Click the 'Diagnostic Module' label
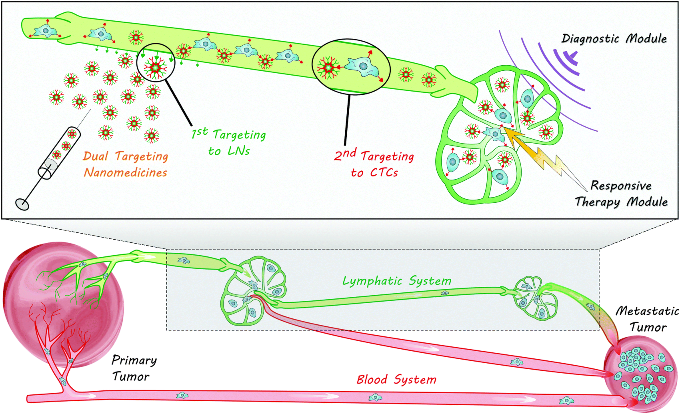pyautogui.click(x=614, y=38)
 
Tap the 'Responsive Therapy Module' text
pyautogui.click(x=621, y=194)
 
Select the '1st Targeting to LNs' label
pyautogui.click(x=229, y=142)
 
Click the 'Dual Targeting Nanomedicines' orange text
pyautogui.click(x=125, y=164)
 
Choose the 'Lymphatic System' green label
pyautogui.click(x=396, y=281)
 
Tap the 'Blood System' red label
pyautogui.click(x=396, y=379)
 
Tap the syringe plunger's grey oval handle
pyautogui.click(x=22, y=204)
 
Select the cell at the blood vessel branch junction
pyautogui.click(x=63, y=381)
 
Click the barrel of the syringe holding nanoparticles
pyautogui.click(x=60, y=152)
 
